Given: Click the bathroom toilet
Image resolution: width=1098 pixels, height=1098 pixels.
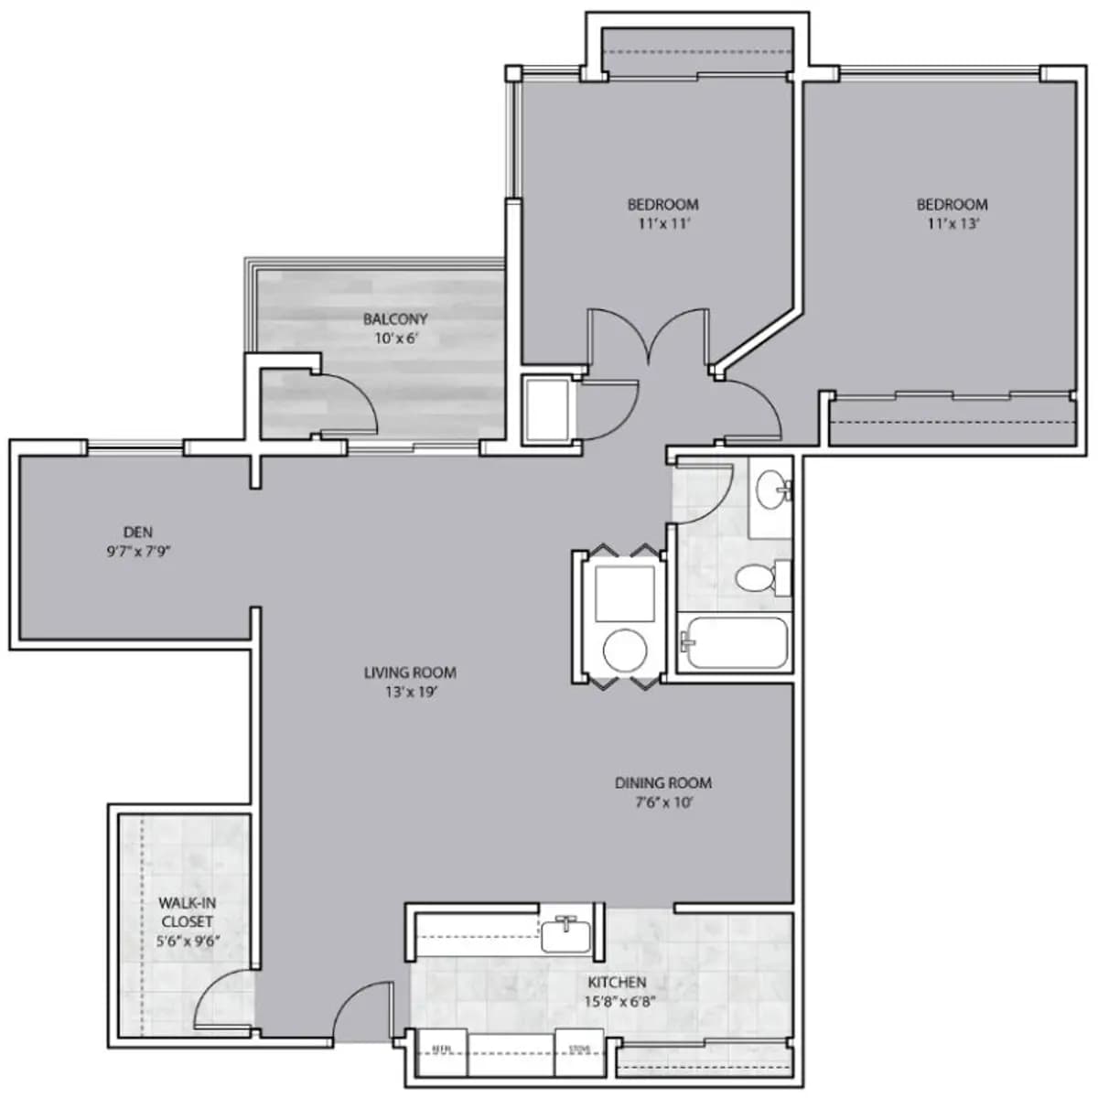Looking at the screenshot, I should click(x=759, y=577).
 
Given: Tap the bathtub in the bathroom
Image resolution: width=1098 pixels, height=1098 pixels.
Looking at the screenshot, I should click(x=737, y=642).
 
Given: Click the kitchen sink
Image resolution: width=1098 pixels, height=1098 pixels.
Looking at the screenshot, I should click(x=567, y=934).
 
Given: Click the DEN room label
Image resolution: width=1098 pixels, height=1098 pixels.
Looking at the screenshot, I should click(x=138, y=532).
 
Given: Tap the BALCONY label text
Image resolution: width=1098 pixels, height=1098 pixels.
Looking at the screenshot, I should click(x=395, y=319).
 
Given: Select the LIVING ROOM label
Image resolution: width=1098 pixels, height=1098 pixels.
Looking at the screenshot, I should click(x=410, y=673).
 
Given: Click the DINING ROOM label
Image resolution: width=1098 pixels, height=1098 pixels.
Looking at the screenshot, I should click(x=663, y=783).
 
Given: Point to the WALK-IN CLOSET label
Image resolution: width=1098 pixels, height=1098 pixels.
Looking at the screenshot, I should click(x=188, y=912).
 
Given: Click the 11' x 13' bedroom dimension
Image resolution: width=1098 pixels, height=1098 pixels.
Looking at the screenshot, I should click(x=952, y=223).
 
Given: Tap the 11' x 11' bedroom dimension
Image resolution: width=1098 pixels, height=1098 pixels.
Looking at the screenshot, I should click(x=662, y=223).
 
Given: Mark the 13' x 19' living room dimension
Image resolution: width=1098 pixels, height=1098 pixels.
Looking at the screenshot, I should click(x=410, y=693).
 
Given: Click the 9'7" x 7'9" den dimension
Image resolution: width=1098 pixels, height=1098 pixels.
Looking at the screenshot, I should click(x=139, y=552).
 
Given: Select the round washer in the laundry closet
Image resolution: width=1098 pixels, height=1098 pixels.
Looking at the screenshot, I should click(x=626, y=648).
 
